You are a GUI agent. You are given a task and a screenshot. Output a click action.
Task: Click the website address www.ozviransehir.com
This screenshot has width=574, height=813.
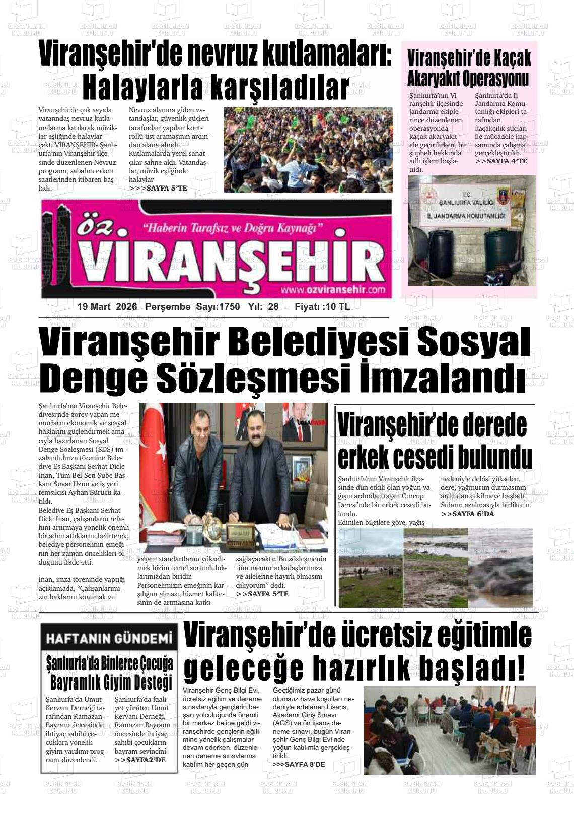[x=333, y=290]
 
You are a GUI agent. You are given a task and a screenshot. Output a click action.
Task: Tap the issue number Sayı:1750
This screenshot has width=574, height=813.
[x=218, y=307]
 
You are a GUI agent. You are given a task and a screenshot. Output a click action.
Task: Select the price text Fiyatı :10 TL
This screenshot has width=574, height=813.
[x=322, y=307]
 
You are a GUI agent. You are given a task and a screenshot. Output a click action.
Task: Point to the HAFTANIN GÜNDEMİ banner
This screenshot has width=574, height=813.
[x=109, y=639]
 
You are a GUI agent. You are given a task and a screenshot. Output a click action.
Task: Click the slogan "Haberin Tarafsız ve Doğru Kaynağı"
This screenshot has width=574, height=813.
[x=233, y=228]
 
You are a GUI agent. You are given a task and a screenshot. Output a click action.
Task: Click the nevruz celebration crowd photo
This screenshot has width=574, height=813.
[x=308, y=149]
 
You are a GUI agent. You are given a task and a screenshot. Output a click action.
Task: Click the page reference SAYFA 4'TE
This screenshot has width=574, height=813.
[x=501, y=161]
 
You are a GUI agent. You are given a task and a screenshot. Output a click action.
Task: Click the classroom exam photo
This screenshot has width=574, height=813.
[x=450, y=730]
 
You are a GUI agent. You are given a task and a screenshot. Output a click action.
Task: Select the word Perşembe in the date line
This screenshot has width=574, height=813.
[x=168, y=307]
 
